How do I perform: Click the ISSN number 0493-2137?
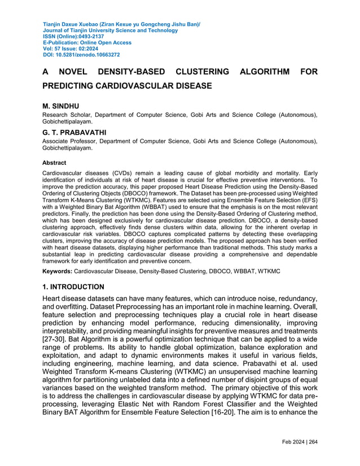90,37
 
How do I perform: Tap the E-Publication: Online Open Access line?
87,43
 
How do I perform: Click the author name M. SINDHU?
62,105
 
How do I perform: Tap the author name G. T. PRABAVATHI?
74,133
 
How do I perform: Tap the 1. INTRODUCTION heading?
73,287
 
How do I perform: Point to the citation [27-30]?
58,339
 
